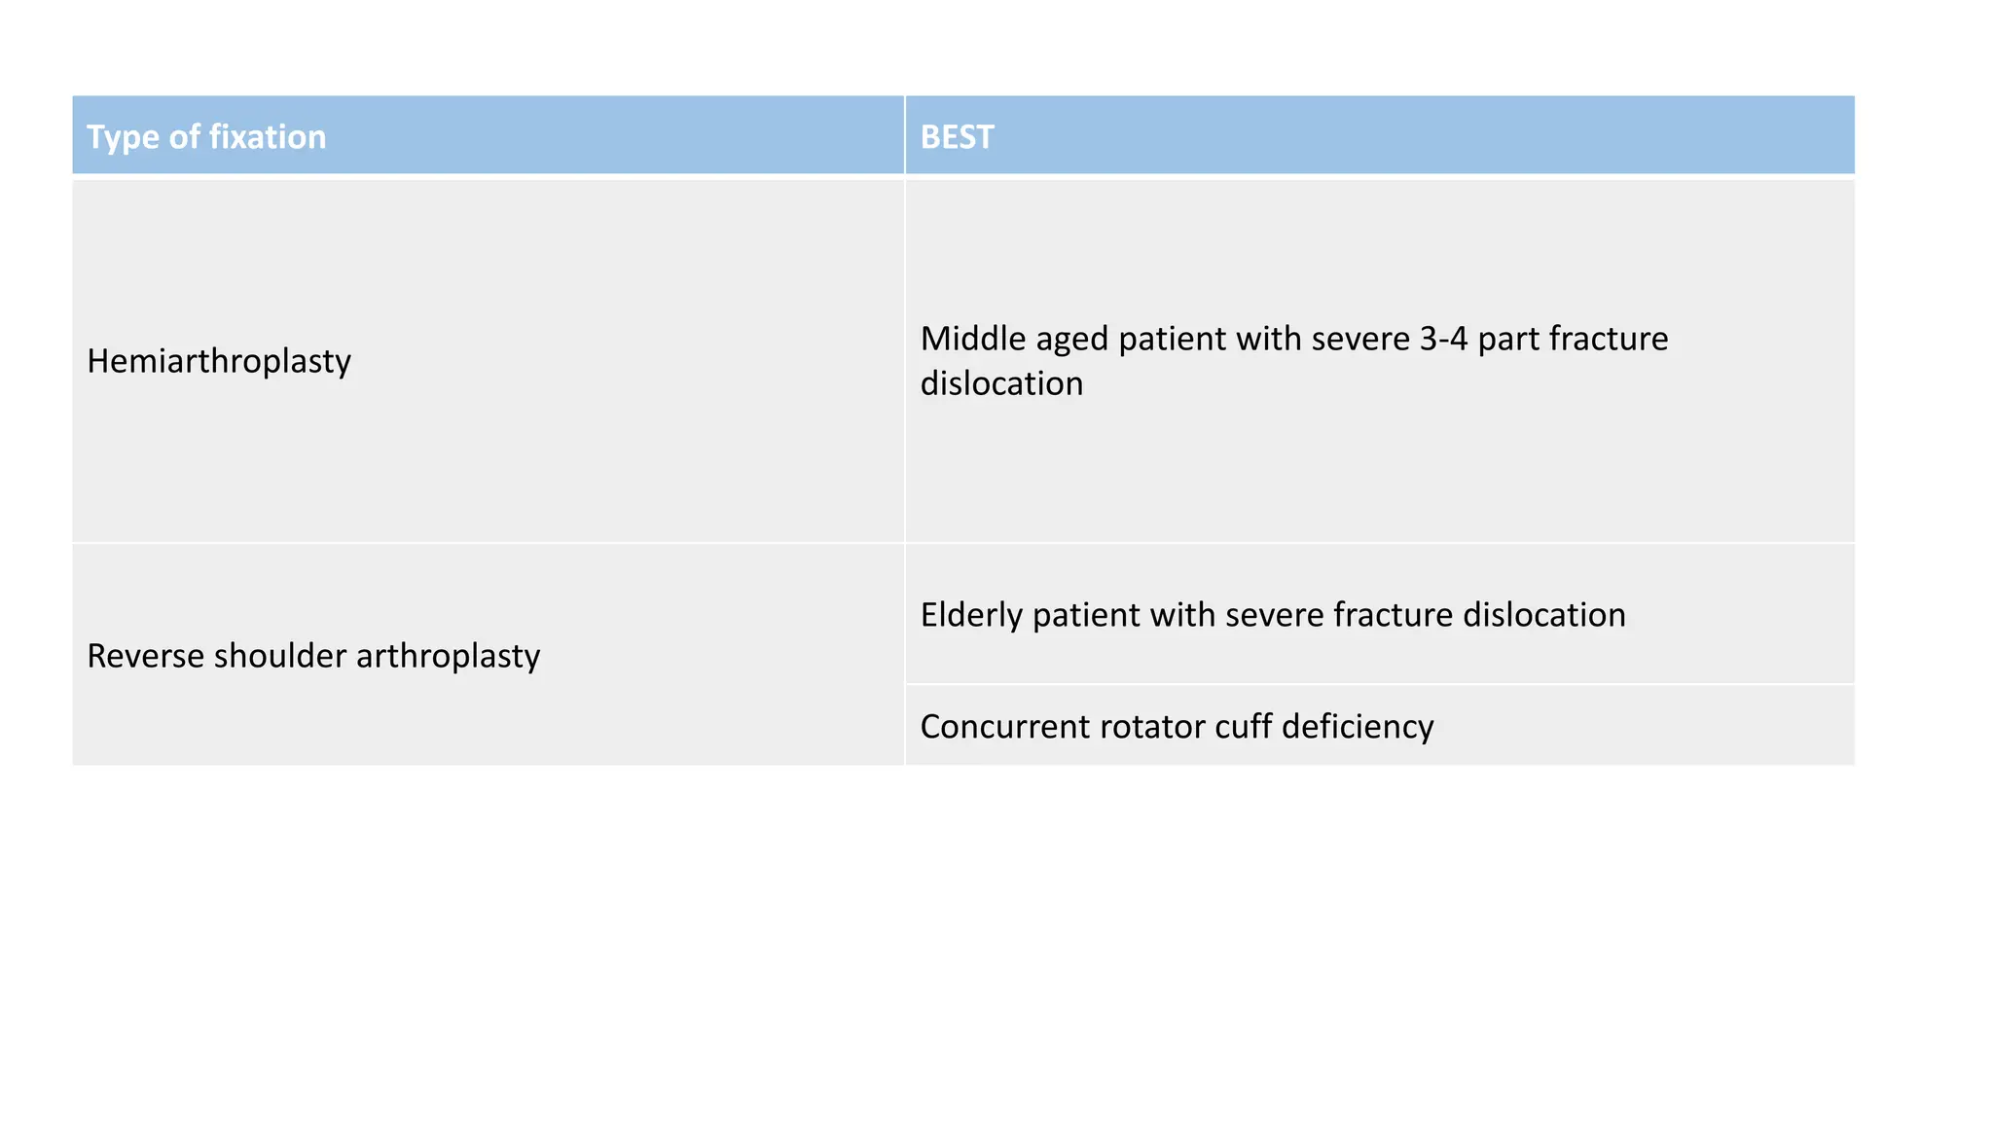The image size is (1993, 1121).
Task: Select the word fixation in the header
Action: (x=266, y=137)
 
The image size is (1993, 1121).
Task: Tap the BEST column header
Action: (x=957, y=137)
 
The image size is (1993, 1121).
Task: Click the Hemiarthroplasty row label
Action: (x=219, y=361)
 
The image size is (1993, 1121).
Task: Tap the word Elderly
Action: (x=971, y=615)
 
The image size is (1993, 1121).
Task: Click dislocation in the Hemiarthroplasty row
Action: (x=1001, y=383)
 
